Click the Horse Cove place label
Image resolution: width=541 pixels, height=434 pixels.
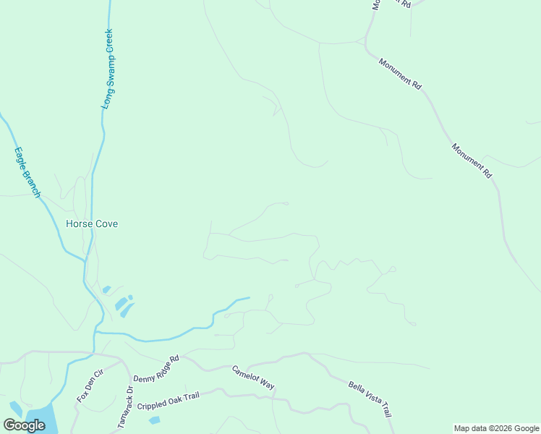[x=92, y=224]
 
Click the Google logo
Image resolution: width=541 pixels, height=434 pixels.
[x=24, y=425]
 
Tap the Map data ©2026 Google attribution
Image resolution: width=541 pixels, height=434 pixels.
[x=497, y=428]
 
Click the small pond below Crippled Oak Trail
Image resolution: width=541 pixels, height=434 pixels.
[x=154, y=420]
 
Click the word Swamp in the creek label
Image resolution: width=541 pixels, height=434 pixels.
[x=108, y=72]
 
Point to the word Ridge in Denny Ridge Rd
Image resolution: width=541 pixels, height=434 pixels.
[x=157, y=369]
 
